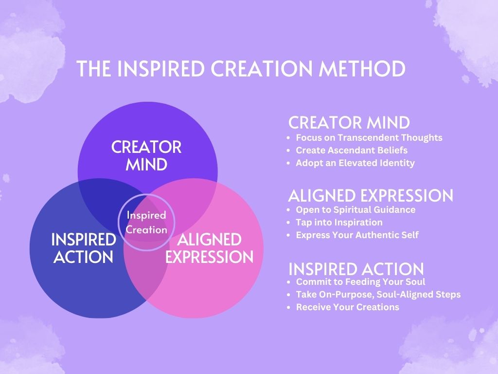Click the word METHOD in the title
point(362,68)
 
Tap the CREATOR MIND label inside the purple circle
point(146,156)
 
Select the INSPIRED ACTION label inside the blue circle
point(84,248)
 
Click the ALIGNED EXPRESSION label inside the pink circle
point(210,248)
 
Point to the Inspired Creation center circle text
point(146,222)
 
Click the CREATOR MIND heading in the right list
point(349,122)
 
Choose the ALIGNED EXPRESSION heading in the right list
point(371,195)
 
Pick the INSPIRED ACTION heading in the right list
point(356,269)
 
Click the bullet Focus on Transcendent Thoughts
point(369,138)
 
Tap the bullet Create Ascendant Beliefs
point(352,150)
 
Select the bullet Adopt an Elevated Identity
point(356,163)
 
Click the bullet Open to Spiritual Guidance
point(356,209)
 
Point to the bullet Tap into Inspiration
point(339,222)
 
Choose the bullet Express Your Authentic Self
point(357,235)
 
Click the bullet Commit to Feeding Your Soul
point(360,282)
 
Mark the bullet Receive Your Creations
point(347,307)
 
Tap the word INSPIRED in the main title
point(160,68)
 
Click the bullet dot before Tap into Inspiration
point(288,223)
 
